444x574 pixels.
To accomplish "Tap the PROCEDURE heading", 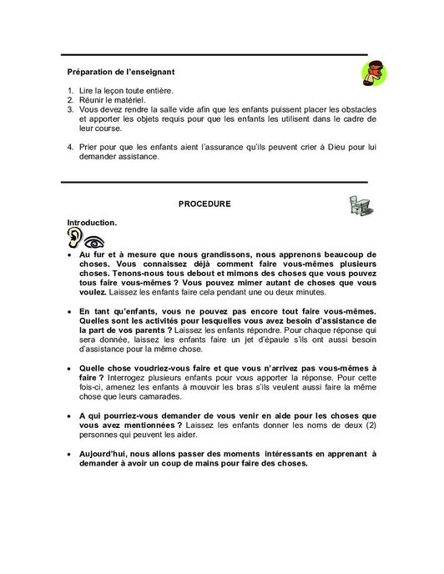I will (x=205, y=204).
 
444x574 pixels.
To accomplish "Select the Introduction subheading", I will (x=92, y=223).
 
